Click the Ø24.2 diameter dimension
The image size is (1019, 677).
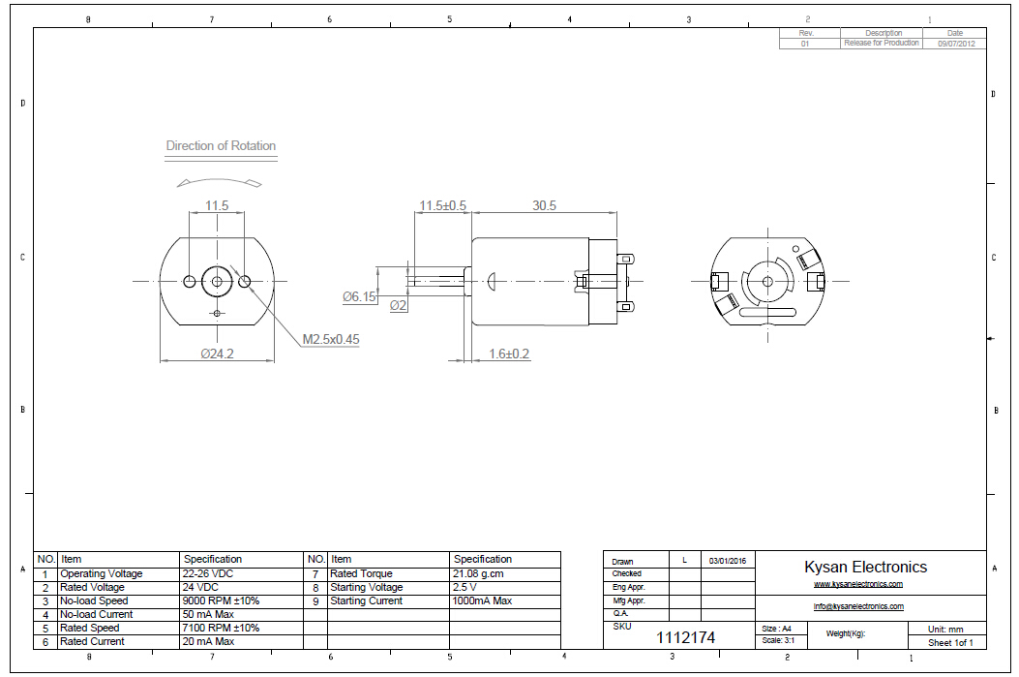(x=216, y=354)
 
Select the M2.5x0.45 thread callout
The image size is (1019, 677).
(x=331, y=339)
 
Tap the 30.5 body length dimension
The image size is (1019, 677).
(x=544, y=206)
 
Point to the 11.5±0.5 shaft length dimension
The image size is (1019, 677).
(x=442, y=206)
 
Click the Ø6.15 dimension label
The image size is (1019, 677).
(x=359, y=297)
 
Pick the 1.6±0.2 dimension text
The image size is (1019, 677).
(x=509, y=354)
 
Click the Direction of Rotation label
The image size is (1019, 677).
(x=221, y=146)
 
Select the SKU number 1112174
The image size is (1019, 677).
(x=686, y=637)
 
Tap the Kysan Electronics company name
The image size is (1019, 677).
(x=865, y=568)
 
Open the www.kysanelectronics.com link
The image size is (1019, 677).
(x=858, y=584)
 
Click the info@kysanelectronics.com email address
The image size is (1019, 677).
(x=858, y=606)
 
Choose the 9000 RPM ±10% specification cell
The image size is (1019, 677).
(x=222, y=600)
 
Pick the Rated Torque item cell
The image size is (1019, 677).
(x=362, y=573)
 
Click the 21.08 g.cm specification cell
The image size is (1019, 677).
(x=478, y=573)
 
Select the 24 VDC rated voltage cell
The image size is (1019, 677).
(x=201, y=587)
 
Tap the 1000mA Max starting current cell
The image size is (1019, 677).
(x=482, y=600)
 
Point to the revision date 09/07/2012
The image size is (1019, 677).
(x=955, y=44)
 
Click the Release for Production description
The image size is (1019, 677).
(x=882, y=44)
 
